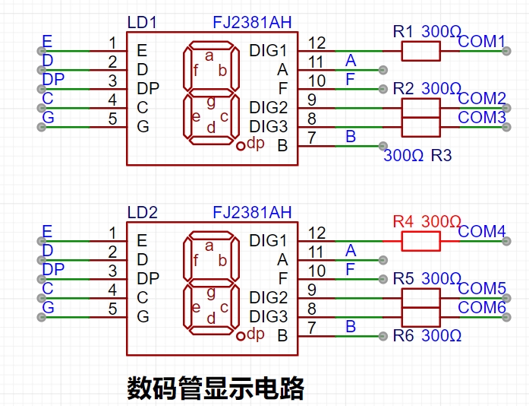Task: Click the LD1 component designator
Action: click(142, 23)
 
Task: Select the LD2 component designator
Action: click(143, 213)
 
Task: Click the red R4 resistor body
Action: click(420, 241)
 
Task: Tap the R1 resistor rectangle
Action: click(420, 52)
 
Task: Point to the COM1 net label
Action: click(481, 41)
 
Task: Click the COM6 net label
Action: click(482, 307)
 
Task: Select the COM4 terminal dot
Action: click(506, 241)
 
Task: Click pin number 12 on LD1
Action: click(316, 43)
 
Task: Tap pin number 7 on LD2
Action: click(312, 328)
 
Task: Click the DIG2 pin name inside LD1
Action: click(268, 107)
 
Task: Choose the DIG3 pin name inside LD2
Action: click(268, 317)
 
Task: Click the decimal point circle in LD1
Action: click(241, 146)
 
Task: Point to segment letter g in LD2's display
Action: click(211, 293)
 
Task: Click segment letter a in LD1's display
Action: click(209, 56)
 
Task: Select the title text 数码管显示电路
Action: click(216, 388)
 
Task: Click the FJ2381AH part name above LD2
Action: click(252, 213)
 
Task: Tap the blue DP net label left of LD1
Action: click(53, 79)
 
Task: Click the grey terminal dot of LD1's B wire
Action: click(383, 146)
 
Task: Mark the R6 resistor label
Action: click(403, 336)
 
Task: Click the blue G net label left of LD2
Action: click(49, 307)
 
